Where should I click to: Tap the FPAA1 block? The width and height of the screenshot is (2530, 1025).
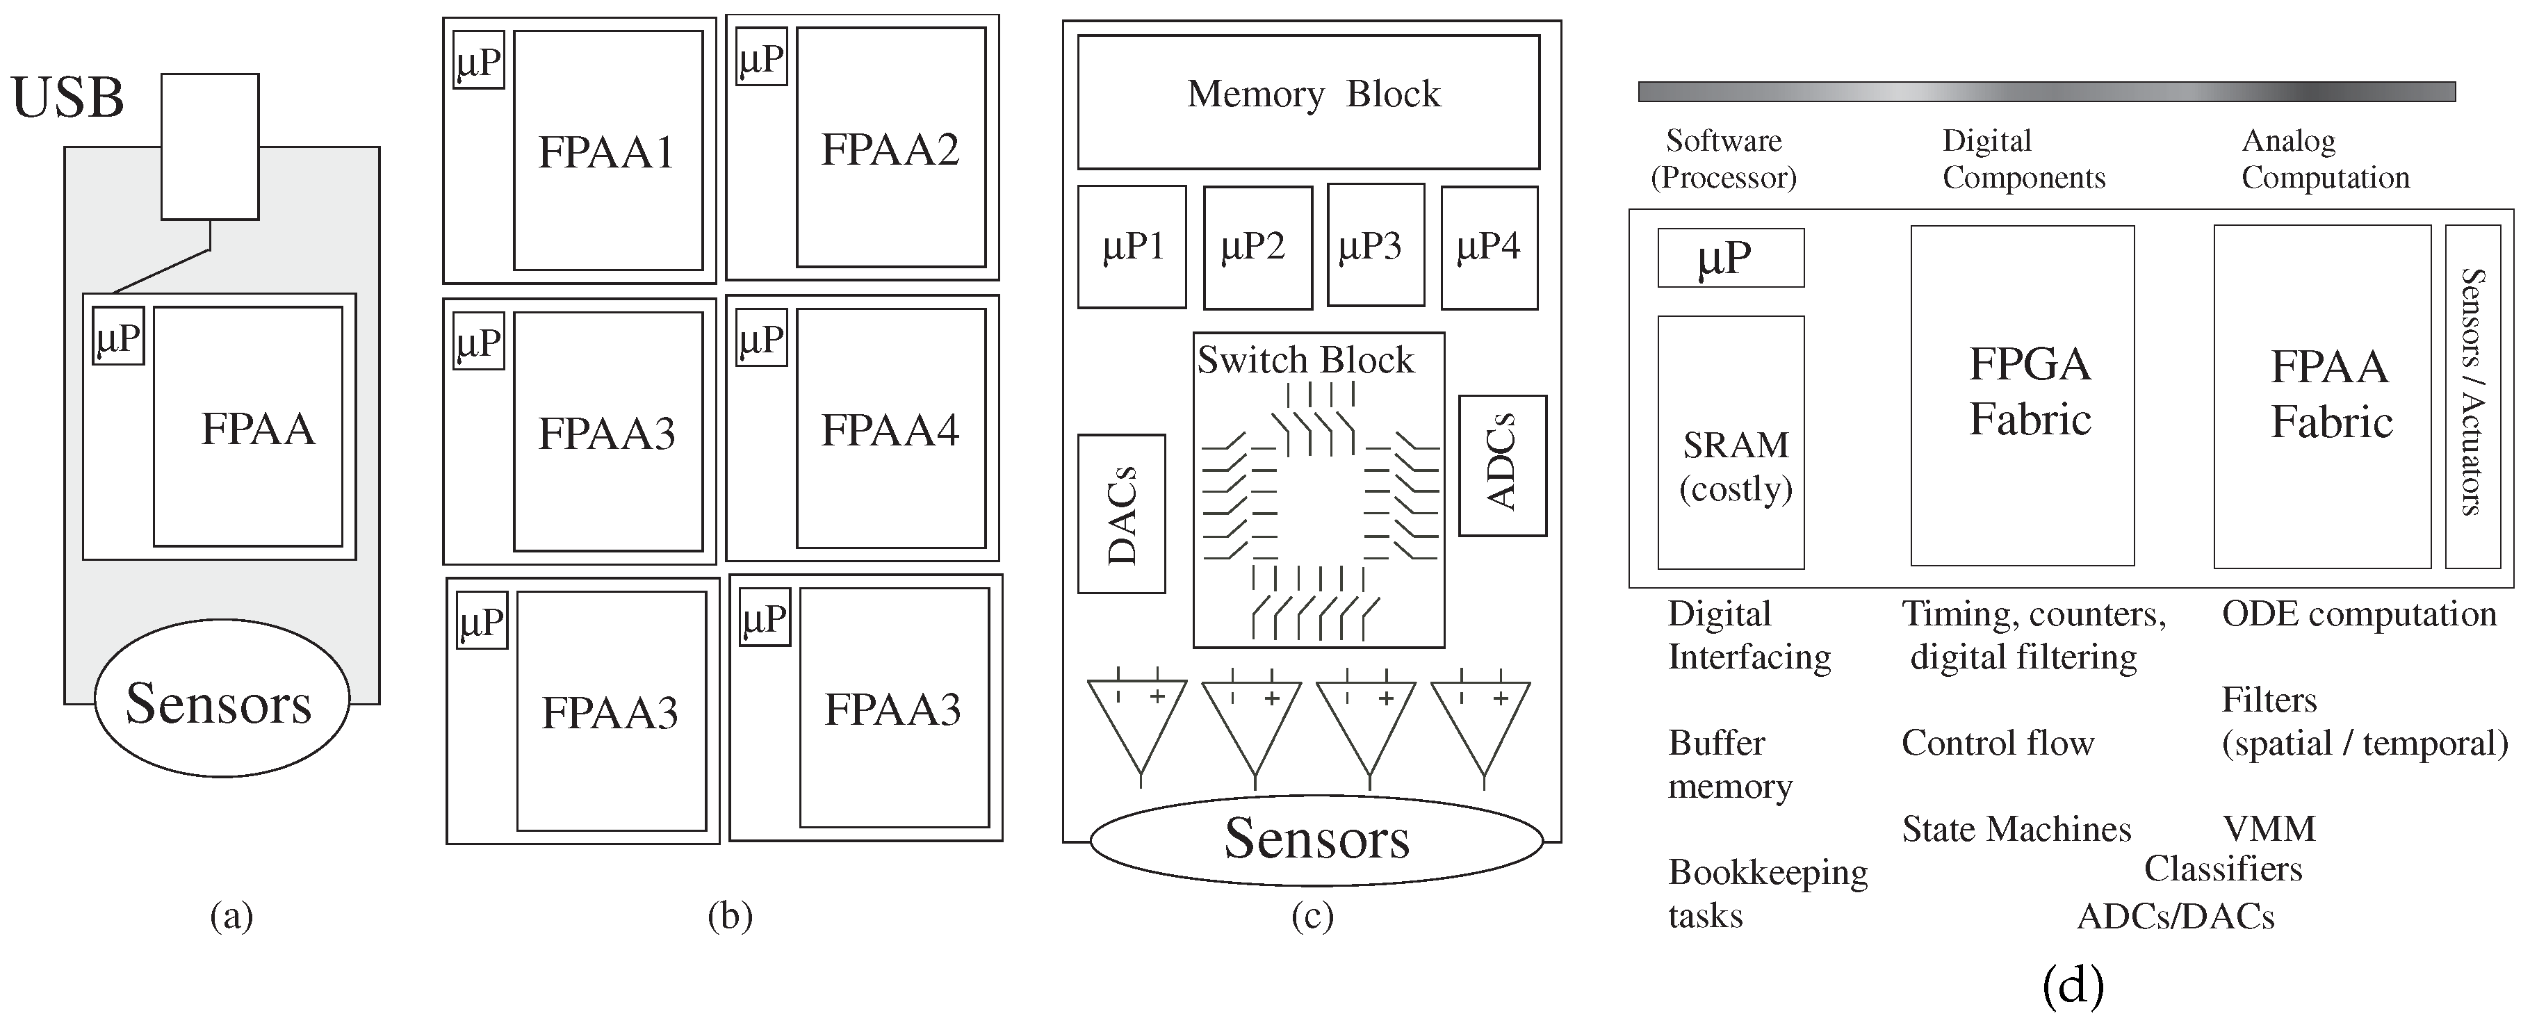click(607, 150)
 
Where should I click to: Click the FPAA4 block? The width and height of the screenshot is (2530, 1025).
click(890, 429)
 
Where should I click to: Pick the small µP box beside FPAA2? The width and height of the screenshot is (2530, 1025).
click(761, 58)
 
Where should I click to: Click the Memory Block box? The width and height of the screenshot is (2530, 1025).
click(1308, 102)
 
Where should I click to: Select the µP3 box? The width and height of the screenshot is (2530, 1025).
click(1375, 245)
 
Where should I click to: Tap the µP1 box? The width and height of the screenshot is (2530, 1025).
click(1132, 247)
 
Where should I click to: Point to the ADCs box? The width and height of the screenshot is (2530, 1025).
click(1502, 466)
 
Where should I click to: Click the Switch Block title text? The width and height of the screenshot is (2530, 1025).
click(1305, 361)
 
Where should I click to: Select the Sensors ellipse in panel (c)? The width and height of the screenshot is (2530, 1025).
click(1316, 839)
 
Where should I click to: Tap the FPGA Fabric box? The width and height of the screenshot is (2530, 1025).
click(2021, 395)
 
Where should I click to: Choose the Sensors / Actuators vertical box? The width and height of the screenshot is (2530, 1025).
click(2472, 395)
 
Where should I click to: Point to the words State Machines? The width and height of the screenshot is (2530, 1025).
click(2016, 830)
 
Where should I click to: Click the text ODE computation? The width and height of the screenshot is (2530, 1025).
click(2358, 614)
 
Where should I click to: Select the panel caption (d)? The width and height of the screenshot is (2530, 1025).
click(2073, 985)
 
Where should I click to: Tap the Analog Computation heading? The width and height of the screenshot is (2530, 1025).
click(2325, 159)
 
